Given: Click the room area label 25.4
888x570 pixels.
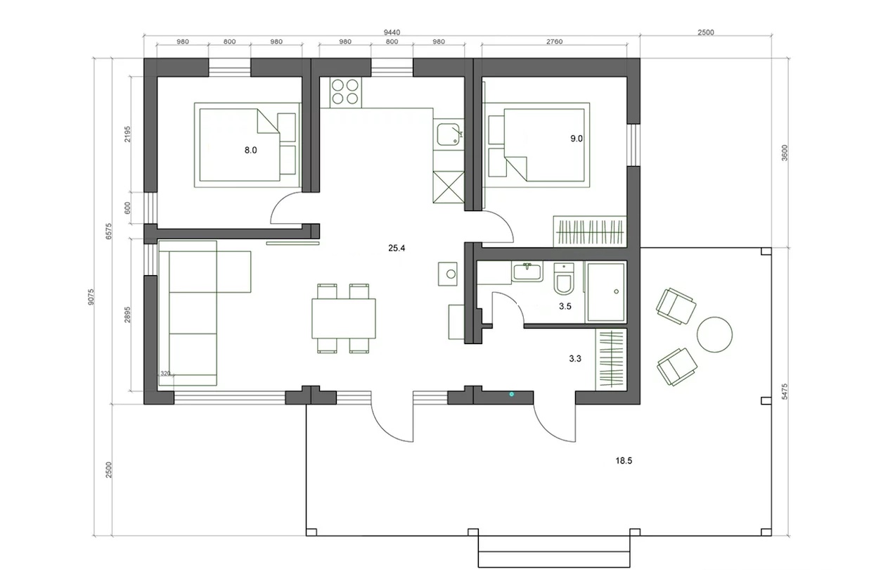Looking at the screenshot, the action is (397, 248).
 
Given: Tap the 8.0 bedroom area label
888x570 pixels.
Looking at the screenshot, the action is (250, 150).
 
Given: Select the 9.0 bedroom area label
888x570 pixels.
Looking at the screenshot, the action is (577, 139).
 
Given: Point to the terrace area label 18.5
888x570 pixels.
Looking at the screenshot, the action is (624, 460).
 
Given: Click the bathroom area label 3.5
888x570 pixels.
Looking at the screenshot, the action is (565, 306).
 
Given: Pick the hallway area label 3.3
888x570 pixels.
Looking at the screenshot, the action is (575, 359).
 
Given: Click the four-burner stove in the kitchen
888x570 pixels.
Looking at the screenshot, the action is (345, 92).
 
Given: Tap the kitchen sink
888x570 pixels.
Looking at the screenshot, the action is (449, 134).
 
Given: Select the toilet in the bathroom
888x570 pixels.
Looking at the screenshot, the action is (563, 279).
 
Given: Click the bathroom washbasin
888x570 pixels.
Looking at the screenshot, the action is (527, 272).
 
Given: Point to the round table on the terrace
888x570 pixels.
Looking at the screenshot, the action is (714, 334).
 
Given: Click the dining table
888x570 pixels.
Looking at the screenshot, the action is (344, 319).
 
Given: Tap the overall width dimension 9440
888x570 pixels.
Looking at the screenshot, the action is (392, 32).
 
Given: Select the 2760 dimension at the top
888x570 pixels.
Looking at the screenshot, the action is (554, 42).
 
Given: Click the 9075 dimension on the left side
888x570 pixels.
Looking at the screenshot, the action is (91, 297).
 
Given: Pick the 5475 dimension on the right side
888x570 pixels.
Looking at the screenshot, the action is (785, 391).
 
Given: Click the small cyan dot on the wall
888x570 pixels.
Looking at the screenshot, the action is (511, 394).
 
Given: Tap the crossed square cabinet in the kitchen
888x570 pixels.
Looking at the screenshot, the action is (449, 187).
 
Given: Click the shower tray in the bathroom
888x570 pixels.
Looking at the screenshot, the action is (606, 291).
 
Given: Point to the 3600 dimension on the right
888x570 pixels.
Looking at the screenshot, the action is (785, 153).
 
